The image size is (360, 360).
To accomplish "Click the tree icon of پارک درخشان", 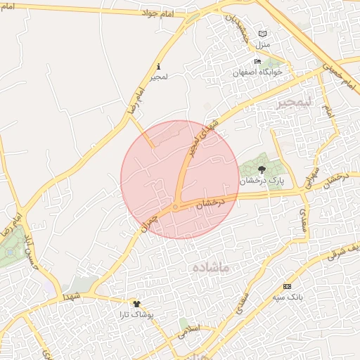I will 262,169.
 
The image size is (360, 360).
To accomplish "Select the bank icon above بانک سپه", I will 287,287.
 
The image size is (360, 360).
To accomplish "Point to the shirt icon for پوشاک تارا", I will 136,304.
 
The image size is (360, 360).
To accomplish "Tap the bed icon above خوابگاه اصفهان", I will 258,61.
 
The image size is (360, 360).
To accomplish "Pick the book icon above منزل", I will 262,34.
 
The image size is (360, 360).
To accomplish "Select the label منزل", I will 262,44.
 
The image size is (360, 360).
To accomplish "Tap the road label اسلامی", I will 189,329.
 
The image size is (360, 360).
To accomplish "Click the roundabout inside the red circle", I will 176,207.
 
